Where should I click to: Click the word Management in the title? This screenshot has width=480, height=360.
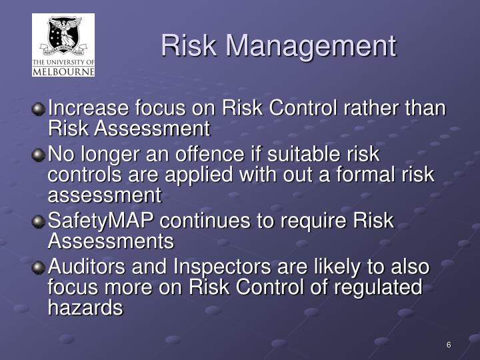pos(311,45)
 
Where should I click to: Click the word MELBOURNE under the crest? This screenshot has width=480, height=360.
pos(63,71)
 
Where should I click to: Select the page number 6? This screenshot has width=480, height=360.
pos(449,345)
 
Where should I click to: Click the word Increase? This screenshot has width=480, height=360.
pos(89,108)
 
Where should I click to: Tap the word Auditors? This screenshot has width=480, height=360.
pos(89,268)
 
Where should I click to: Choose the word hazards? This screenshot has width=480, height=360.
pos(85,307)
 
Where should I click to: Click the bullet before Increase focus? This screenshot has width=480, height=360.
pos(40,108)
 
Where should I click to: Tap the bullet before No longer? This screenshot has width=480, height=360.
pos(40,155)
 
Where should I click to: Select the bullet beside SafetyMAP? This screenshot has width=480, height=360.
pos(40,221)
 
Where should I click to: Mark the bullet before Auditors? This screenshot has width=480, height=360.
pos(40,268)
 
